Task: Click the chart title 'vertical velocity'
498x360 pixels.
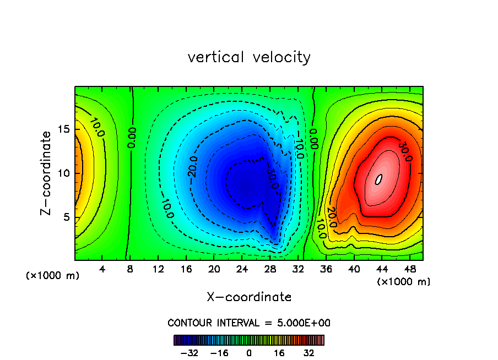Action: [x=249, y=57]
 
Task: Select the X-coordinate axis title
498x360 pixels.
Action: [x=249, y=297]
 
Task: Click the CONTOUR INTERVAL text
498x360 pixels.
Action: [x=249, y=323]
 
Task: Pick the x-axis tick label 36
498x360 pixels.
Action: [x=326, y=270]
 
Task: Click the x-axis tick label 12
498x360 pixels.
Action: [x=158, y=270]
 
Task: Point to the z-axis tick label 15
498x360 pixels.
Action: [x=64, y=129]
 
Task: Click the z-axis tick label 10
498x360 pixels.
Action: [x=64, y=173]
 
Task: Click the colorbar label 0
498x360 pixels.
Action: [x=249, y=352]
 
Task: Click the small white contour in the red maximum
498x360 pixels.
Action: [x=378, y=179]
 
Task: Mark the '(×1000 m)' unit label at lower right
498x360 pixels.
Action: [x=404, y=282]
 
